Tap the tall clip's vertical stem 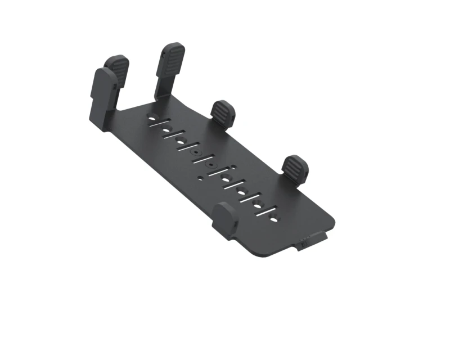tap(163, 84)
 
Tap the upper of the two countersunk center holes tap(195, 152)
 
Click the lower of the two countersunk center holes tap(211, 165)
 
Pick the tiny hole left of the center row tap(200, 178)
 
